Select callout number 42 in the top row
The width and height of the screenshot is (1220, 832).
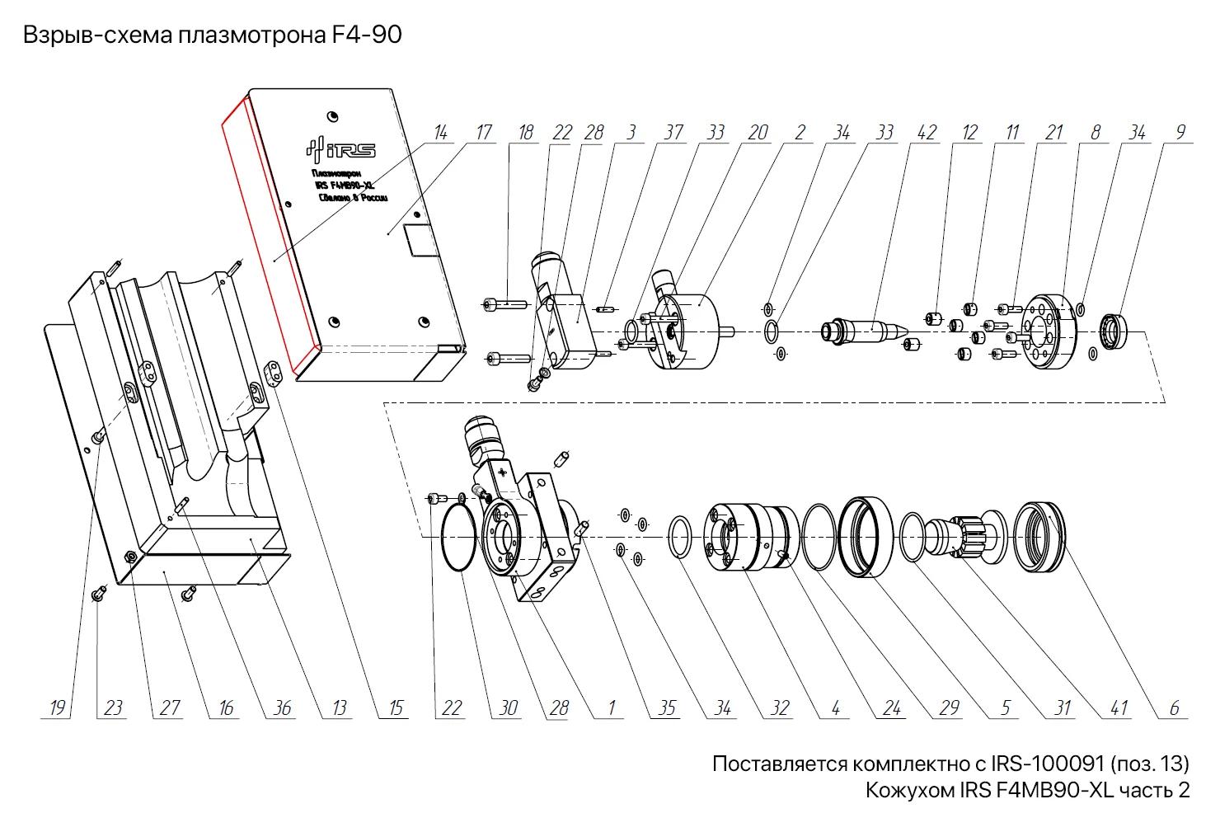pyautogui.click(x=927, y=132)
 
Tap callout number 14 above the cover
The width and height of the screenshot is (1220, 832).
pyautogui.click(x=440, y=132)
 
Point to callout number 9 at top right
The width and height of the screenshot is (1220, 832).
pyautogui.click(x=1180, y=132)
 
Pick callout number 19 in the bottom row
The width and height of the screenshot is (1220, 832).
pyautogui.click(x=57, y=707)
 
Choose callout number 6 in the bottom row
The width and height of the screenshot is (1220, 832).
pyautogui.click(x=1174, y=707)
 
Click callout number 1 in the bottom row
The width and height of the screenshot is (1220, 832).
pyautogui.click(x=611, y=707)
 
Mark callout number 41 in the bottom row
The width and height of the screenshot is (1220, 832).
pyautogui.click(x=1119, y=707)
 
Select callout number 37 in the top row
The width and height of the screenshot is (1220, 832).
pyautogui.click(x=673, y=132)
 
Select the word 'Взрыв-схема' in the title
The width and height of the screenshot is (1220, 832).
pyautogui.click(x=98, y=35)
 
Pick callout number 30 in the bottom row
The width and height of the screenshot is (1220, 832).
pyautogui.click(x=509, y=707)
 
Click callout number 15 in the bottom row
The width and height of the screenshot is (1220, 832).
pyautogui.click(x=396, y=707)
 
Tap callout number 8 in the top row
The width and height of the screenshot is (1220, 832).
pyautogui.click(x=1095, y=132)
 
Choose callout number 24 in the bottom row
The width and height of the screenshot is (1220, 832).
pyautogui.click(x=892, y=707)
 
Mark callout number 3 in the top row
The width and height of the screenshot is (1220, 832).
pyautogui.click(x=631, y=132)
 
